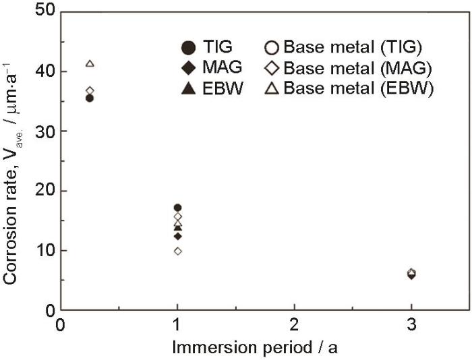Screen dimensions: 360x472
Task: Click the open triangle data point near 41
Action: [90, 63]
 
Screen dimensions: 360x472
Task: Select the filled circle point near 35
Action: [90, 98]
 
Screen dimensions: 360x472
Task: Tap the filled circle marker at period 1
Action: [177, 208]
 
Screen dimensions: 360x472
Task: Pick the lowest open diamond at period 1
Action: [177, 251]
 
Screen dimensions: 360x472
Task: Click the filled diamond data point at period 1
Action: [177, 236]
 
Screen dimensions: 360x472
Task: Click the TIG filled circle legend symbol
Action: [189, 47]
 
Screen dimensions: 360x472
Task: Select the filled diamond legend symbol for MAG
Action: [189, 68]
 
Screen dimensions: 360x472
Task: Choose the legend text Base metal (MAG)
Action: [357, 68]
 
